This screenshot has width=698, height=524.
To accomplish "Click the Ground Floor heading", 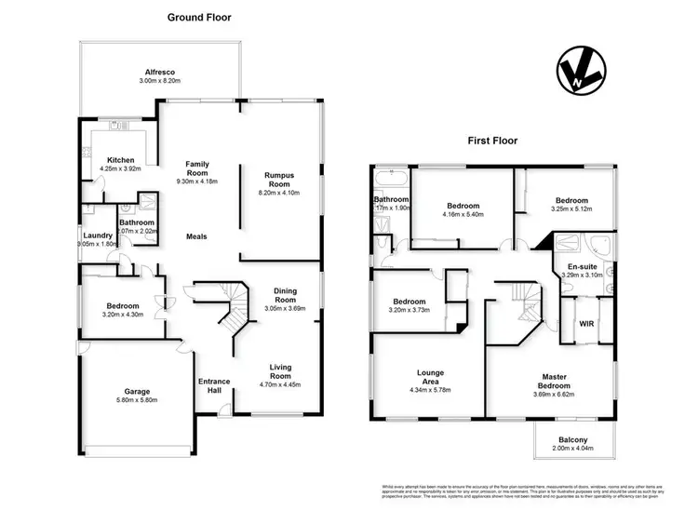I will coord(199,17).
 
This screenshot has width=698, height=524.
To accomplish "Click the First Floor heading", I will coord(493,141).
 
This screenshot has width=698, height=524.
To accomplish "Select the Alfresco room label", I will coord(159,72).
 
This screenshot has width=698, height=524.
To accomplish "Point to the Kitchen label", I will coord(121,160).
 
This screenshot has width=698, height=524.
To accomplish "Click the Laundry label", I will coord(98,235).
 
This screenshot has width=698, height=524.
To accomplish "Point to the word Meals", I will coord(195,236).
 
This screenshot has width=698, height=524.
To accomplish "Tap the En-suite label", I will coord(583,267).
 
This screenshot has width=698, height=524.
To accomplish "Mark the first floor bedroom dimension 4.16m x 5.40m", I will coord(463,215).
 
